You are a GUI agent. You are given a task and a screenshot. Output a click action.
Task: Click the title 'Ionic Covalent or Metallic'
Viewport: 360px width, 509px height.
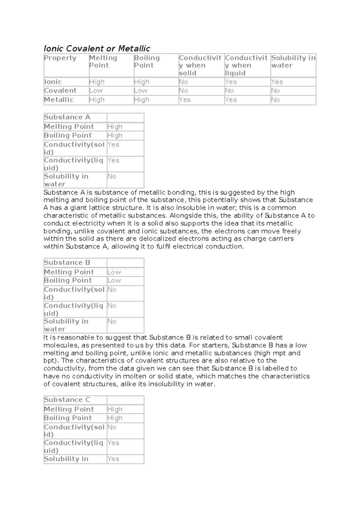[x=97, y=48]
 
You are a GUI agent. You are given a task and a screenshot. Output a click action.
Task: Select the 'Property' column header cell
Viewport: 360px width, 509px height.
[x=60, y=58]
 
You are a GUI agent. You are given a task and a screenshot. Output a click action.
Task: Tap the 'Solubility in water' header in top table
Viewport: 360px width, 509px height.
[x=293, y=62]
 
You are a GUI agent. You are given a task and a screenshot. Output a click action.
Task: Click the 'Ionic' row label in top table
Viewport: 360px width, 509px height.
[x=53, y=82]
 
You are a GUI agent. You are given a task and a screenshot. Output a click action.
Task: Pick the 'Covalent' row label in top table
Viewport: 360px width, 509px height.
[x=60, y=90]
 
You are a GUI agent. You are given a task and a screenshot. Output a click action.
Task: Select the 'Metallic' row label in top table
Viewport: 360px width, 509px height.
[x=58, y=100]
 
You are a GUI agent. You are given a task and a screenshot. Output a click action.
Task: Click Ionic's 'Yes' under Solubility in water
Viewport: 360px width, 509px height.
[x=277, y=82]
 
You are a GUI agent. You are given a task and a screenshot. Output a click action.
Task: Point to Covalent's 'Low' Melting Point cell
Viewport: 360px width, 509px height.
[x=96, y=90]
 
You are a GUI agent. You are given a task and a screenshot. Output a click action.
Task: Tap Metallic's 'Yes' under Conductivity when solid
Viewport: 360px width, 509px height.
[x=184, y=100]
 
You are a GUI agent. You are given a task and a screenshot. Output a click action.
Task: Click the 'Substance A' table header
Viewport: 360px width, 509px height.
[x=67, y=117]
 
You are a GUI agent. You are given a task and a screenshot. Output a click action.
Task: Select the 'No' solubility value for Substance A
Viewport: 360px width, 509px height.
[x=112, y=176]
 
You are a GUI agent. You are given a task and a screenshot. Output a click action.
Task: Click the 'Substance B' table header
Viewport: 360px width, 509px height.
[x=67, y=263]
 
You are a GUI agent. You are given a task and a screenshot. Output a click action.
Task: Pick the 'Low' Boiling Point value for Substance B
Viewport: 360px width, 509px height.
[x=114, y=280]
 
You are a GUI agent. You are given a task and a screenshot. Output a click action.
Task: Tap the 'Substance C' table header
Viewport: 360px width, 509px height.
[x=67, y=400]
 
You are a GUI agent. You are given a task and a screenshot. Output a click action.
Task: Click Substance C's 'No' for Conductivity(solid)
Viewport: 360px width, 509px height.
[x=112, y=427]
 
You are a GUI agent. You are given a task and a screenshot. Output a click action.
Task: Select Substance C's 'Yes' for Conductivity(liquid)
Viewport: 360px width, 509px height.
[x=113, y=443]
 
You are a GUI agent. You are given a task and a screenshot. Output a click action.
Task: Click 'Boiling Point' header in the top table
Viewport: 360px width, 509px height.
[x=147, y=62]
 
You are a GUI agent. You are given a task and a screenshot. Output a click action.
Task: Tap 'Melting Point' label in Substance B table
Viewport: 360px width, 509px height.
[x=69, y=272]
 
